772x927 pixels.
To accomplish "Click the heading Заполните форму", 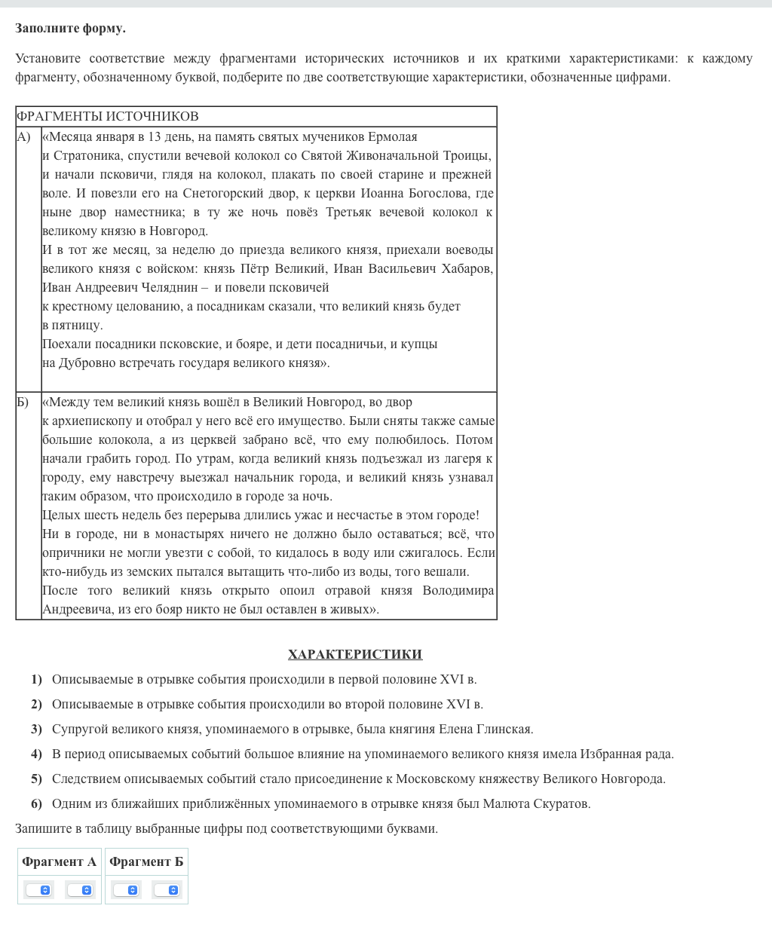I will (x=70, y=29).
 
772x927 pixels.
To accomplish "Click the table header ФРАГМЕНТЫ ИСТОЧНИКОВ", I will (x=108, y=116).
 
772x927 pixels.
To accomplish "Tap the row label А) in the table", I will (x=23, y=136).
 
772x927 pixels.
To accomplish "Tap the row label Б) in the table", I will (x=23, y=402).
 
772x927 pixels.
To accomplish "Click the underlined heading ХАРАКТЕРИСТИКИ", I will (x=354, y=654).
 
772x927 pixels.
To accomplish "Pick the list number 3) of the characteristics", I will (x=36, y=729).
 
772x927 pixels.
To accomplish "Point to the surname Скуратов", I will (x=561, y=803).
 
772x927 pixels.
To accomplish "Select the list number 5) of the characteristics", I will (x=36, y=779).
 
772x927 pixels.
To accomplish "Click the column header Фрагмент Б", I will (x=146, y=861).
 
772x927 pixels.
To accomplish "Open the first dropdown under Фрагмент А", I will (x=38, y=890).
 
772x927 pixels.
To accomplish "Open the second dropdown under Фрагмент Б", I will (x=167, y=890).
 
